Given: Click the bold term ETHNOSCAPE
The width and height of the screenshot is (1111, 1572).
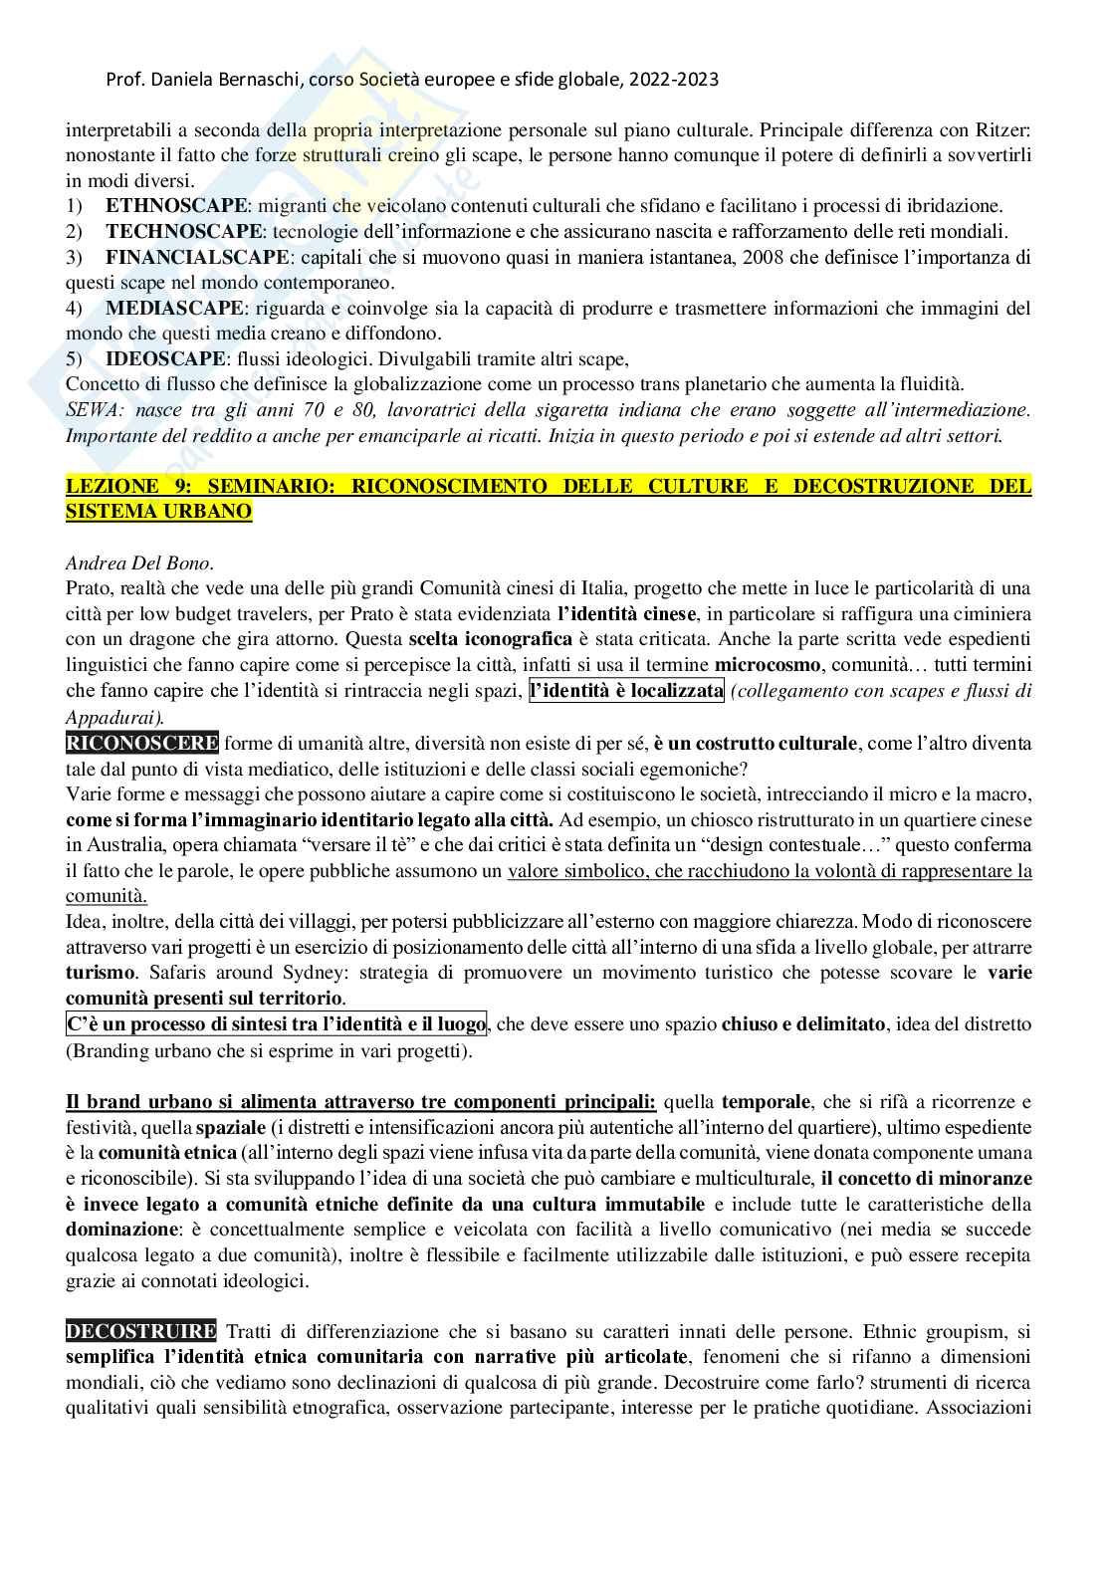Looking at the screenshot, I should point(175,206).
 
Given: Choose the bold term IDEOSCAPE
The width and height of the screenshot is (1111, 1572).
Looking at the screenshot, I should point(165,359).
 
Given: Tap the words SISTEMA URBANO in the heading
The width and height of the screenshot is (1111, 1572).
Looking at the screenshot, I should point(158,512).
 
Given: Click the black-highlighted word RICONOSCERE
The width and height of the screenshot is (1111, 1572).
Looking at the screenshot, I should point(142,743).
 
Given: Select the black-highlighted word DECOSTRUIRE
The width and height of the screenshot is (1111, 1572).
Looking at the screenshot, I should point(140,1331).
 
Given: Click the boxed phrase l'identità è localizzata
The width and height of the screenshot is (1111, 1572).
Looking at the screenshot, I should point(627,691).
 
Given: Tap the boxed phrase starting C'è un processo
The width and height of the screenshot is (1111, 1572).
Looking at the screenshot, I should point(276,1023).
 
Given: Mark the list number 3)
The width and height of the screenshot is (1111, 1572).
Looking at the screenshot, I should point(75,258).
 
